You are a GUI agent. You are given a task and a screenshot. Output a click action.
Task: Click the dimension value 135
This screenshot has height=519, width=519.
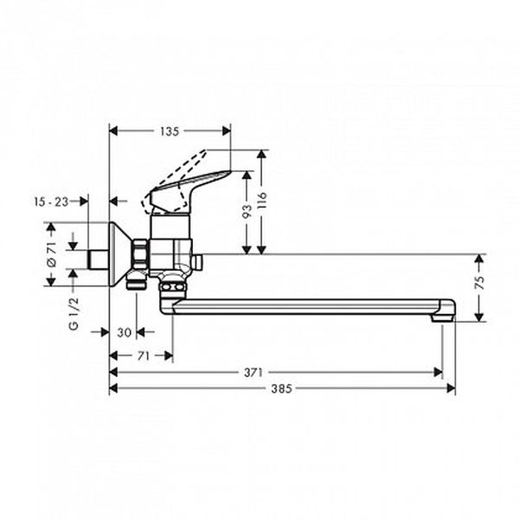(170, 131)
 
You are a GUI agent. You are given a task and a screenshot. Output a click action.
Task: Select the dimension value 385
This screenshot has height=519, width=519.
(281, 388)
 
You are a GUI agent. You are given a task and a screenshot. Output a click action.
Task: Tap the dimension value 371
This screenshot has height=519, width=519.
(253, 373)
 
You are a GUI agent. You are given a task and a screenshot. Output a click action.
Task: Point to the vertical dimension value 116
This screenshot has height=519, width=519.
(262, 200)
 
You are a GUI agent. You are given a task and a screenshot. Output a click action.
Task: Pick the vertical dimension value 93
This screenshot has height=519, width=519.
(247, 212)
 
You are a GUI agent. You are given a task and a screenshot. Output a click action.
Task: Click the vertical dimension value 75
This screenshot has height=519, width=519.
(479, 282)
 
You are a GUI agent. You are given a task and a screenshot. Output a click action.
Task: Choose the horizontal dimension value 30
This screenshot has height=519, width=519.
(125, 332)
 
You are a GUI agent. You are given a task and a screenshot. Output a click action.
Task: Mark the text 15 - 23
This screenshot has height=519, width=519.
(51, 202)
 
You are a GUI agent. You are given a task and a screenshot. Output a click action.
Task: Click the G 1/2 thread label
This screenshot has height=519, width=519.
(74, 314)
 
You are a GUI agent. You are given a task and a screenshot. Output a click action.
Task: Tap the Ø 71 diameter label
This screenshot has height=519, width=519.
(52, 253)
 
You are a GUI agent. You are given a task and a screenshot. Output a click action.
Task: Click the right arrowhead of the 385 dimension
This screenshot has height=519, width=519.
(451, 388)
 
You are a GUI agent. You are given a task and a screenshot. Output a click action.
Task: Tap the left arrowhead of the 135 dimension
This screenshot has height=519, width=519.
(113, 131)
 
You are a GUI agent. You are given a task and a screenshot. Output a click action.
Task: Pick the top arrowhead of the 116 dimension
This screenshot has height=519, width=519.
(262, 155)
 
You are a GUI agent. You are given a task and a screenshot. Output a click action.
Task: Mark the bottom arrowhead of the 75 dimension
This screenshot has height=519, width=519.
(479, 317)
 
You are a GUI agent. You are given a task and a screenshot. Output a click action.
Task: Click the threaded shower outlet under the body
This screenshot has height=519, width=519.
(136, 280)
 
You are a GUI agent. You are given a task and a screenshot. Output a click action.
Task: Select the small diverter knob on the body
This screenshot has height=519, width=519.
(198, 262)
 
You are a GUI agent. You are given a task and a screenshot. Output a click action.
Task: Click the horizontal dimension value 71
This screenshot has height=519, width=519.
(143, 356)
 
